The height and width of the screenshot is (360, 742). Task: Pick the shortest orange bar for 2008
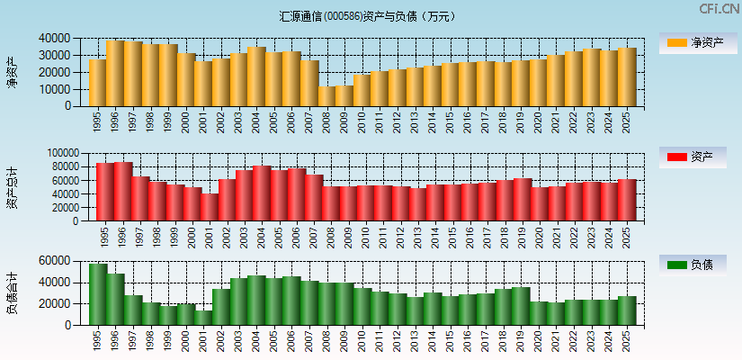326,96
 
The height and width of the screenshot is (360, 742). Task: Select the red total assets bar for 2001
210,207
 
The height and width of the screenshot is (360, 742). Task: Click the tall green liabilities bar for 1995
98,294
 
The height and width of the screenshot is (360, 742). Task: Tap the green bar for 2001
203,318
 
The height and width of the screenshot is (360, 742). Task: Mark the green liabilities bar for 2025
627,310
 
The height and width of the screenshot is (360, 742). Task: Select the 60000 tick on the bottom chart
56,261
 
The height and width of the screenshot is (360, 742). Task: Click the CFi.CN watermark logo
719,9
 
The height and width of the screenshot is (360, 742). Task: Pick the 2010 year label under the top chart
362,121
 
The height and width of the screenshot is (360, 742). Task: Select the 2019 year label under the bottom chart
521,341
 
